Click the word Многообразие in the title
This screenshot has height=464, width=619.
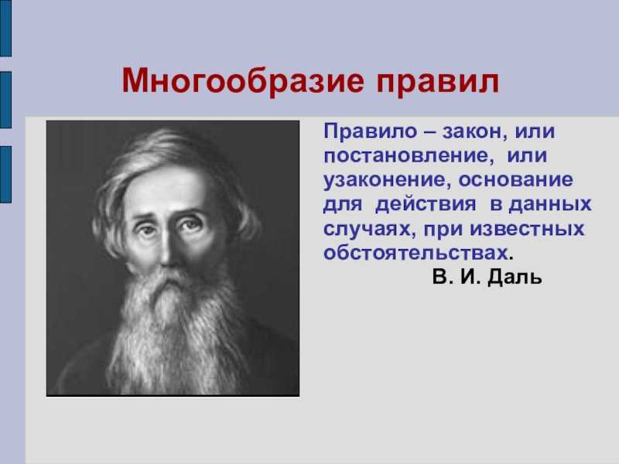(243, 82)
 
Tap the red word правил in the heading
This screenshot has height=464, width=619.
(437, 84)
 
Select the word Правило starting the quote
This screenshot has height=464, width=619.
(370, 131)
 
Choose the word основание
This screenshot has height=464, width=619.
(515, 180)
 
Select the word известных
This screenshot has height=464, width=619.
(527, 229)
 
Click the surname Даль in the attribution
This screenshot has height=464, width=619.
(515, 278)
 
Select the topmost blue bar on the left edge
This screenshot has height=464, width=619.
(5, 28)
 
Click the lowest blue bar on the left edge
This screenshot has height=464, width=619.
(5, 175)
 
